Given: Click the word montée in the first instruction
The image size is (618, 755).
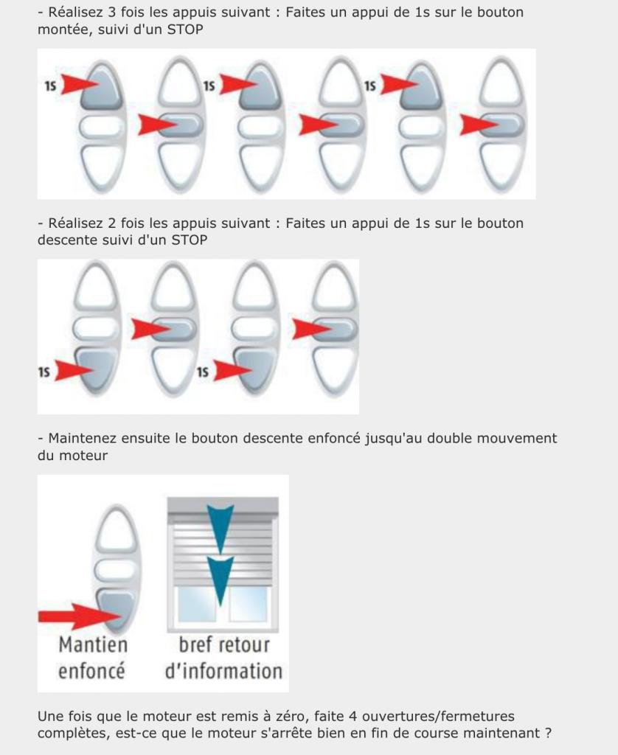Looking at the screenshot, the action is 60,29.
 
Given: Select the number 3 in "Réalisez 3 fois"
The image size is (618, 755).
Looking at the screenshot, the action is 111,12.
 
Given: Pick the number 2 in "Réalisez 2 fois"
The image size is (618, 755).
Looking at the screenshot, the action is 111,223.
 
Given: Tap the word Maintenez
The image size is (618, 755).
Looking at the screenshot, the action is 82,438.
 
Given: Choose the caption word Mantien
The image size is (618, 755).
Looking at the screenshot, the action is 93,644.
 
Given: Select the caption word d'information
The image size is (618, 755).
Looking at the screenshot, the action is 223,671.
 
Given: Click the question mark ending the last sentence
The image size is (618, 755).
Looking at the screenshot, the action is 548,733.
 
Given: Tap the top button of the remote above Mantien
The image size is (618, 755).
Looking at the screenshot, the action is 116,528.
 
